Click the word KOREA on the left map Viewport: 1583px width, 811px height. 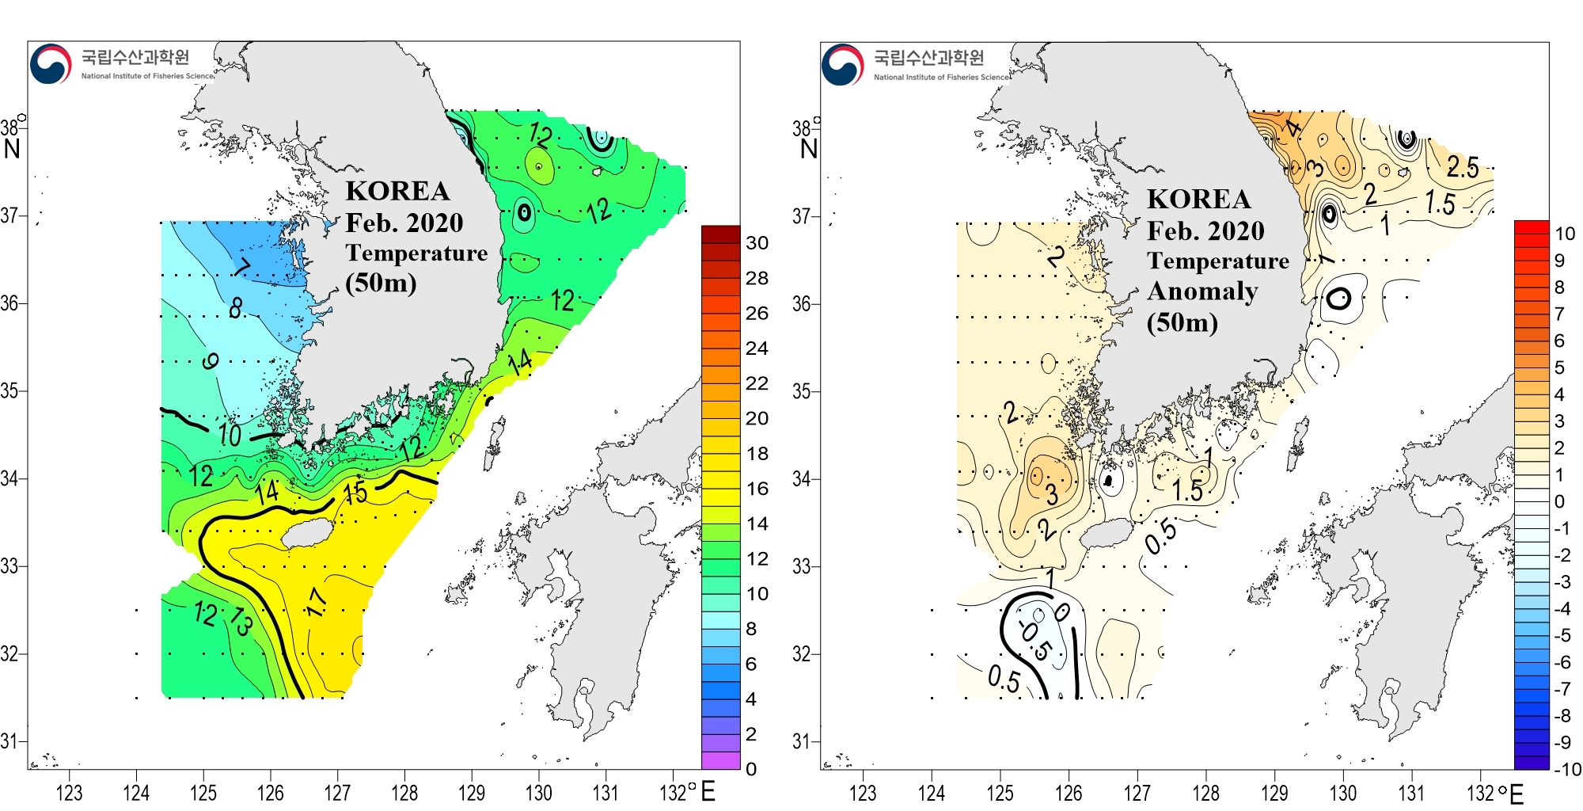point(397,192)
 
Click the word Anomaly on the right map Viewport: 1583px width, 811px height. point(1202,292)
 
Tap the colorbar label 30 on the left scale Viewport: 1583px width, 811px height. point(757,243)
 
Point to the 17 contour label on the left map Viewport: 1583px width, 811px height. point(316,602)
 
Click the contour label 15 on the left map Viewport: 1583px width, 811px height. point(355,493)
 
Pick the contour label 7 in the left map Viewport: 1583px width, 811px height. point(242,267)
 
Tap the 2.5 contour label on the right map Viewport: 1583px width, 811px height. point(1462,167)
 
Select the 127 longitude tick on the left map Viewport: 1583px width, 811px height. point(337,793)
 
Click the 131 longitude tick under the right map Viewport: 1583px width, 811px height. point(1411,793)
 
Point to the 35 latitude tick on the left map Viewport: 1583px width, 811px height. point(9,391)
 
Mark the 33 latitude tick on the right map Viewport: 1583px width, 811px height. point(801,567)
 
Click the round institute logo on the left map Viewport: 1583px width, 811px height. point(51,64)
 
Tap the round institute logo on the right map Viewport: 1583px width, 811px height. point(842,65)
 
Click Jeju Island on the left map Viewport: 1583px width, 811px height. point(307,534)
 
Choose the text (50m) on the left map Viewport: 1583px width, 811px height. point(381,283)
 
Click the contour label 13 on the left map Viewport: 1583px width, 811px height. point(241,623)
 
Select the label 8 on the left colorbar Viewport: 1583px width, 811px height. point(751,630)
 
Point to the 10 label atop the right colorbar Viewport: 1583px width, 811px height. point(1565,234)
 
